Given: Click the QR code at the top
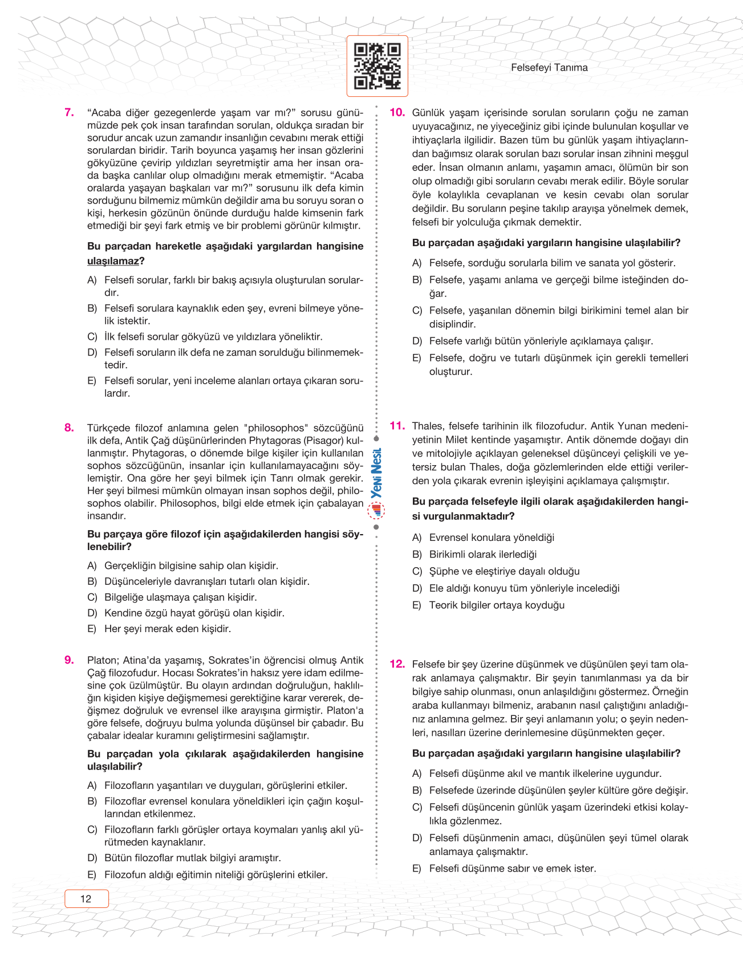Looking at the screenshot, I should [377, 66].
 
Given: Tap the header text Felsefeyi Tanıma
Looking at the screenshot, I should [549, 68].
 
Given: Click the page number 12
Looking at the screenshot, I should [86, 899].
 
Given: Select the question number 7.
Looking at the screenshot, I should [69, 112].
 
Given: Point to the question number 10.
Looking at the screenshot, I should [397, 112].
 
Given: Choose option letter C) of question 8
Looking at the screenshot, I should [92, 597].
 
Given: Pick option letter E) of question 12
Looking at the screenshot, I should [417, 869].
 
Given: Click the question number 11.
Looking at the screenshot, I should [397, 426].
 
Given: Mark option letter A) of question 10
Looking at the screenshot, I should [417, 263].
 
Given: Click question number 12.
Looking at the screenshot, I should [397, 664].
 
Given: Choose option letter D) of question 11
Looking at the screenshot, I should [417, 588].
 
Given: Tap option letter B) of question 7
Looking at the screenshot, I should [92, 308].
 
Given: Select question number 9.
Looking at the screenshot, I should [69, 660].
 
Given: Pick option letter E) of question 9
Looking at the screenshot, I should [92, 875].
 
